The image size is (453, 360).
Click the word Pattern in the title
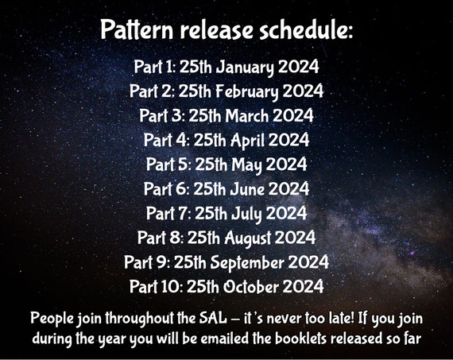137,29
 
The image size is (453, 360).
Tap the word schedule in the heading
306,29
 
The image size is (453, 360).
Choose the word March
247,115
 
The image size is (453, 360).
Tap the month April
247,141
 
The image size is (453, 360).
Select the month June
247,189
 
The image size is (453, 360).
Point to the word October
252,287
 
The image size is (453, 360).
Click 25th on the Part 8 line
203,238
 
